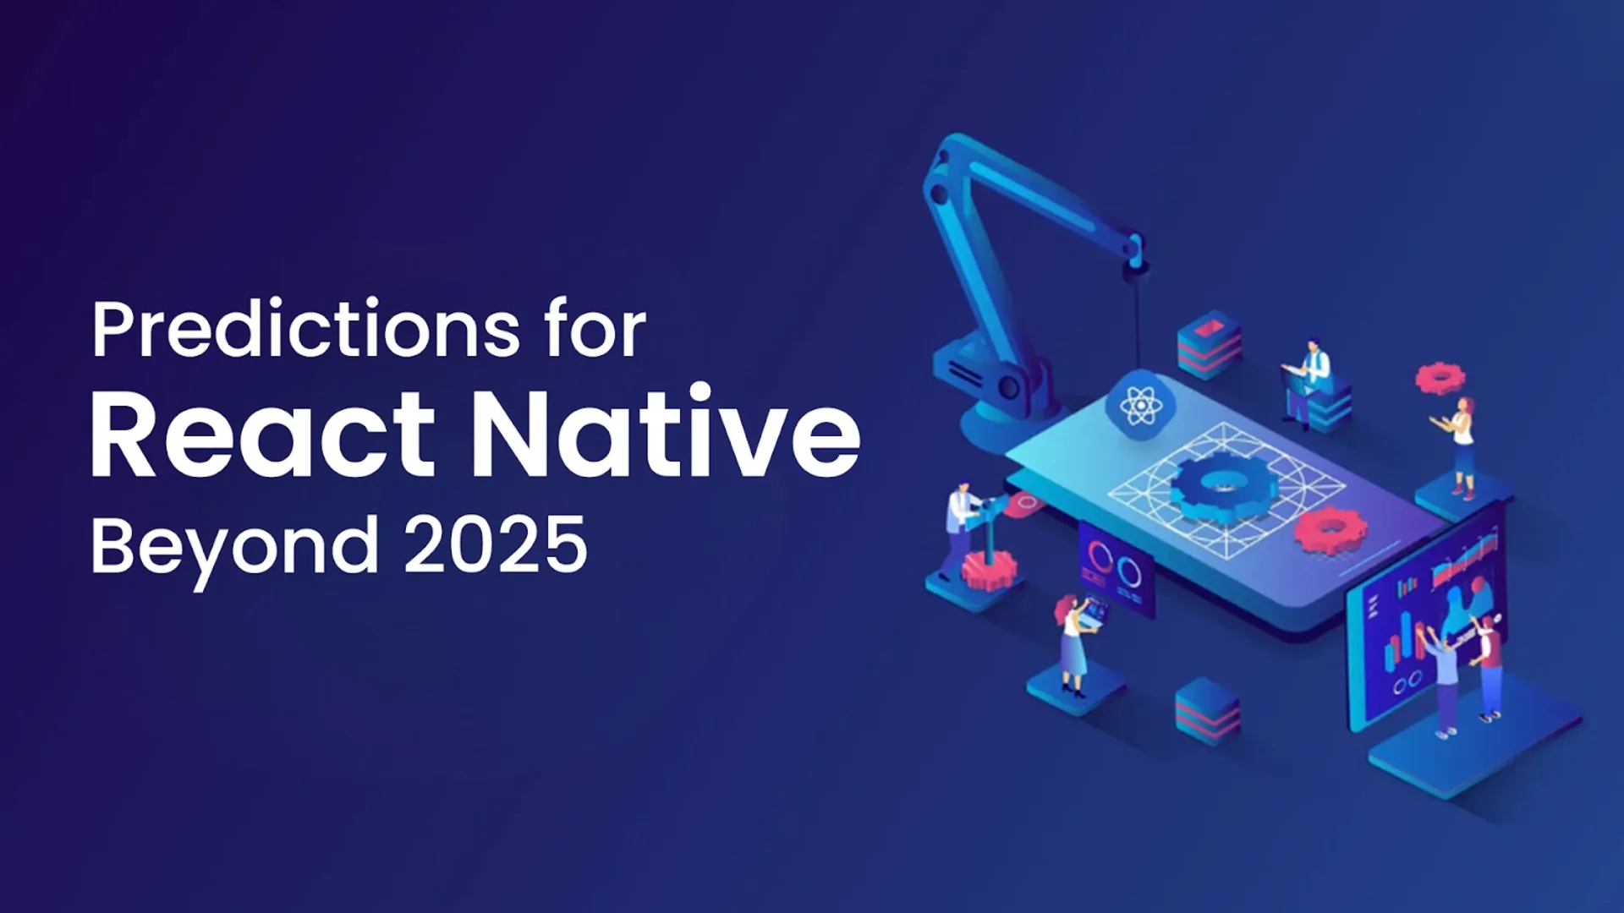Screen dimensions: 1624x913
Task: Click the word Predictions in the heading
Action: [305, 330]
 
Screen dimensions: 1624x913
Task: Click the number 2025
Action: [496, 544]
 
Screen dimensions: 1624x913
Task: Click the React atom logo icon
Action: [1140, 406]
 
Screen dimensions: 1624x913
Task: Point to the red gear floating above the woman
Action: [1440, 377]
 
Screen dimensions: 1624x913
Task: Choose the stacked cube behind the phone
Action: [1210, 342]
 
